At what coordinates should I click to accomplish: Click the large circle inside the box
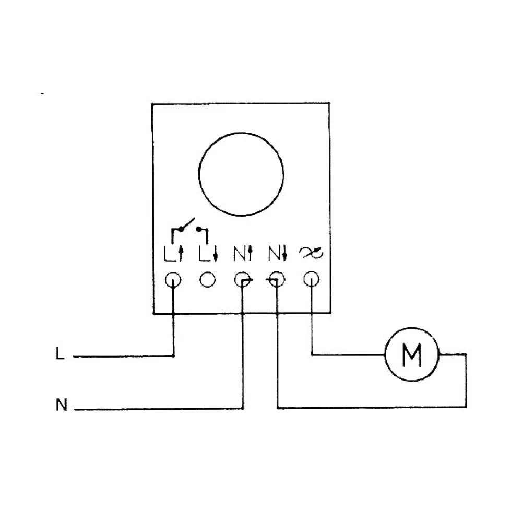199,174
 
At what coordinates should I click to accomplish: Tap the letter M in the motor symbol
412,354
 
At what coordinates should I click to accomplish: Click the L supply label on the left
60,353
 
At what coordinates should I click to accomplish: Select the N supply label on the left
62,405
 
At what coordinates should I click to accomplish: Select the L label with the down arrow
208,254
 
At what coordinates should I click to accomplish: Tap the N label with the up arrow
243,254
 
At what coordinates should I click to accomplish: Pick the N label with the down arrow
278,254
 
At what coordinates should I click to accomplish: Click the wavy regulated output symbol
311,253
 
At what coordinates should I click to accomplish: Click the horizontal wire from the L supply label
124,356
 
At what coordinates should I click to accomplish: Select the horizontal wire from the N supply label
159,409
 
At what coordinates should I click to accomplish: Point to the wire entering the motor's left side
348,355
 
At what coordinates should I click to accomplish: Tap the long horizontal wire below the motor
372,407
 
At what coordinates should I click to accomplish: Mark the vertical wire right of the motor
466,381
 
